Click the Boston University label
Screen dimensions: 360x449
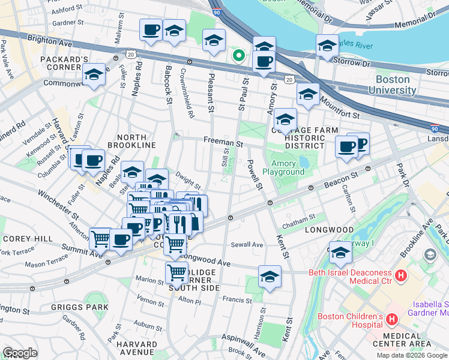click(x=401, y=85)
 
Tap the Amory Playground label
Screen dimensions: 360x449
click(x=288, y=167)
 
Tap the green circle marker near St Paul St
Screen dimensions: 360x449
click(x=239, y=56)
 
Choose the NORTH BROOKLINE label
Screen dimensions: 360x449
click(x=131, y=145)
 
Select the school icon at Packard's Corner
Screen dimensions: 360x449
click(x=94, y=75)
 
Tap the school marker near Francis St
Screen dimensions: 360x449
click(x=270, y=277)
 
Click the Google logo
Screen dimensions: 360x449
click(x=20, y=353)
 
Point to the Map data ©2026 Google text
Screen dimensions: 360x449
click(x=411, y=355)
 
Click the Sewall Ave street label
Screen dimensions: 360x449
click(x=247, y=245)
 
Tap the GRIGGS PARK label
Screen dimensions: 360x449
click(x=88, y=307)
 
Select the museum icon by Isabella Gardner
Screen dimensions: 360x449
click(x=430, y=255)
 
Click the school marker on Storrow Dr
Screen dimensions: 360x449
click(x=327, y=46)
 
